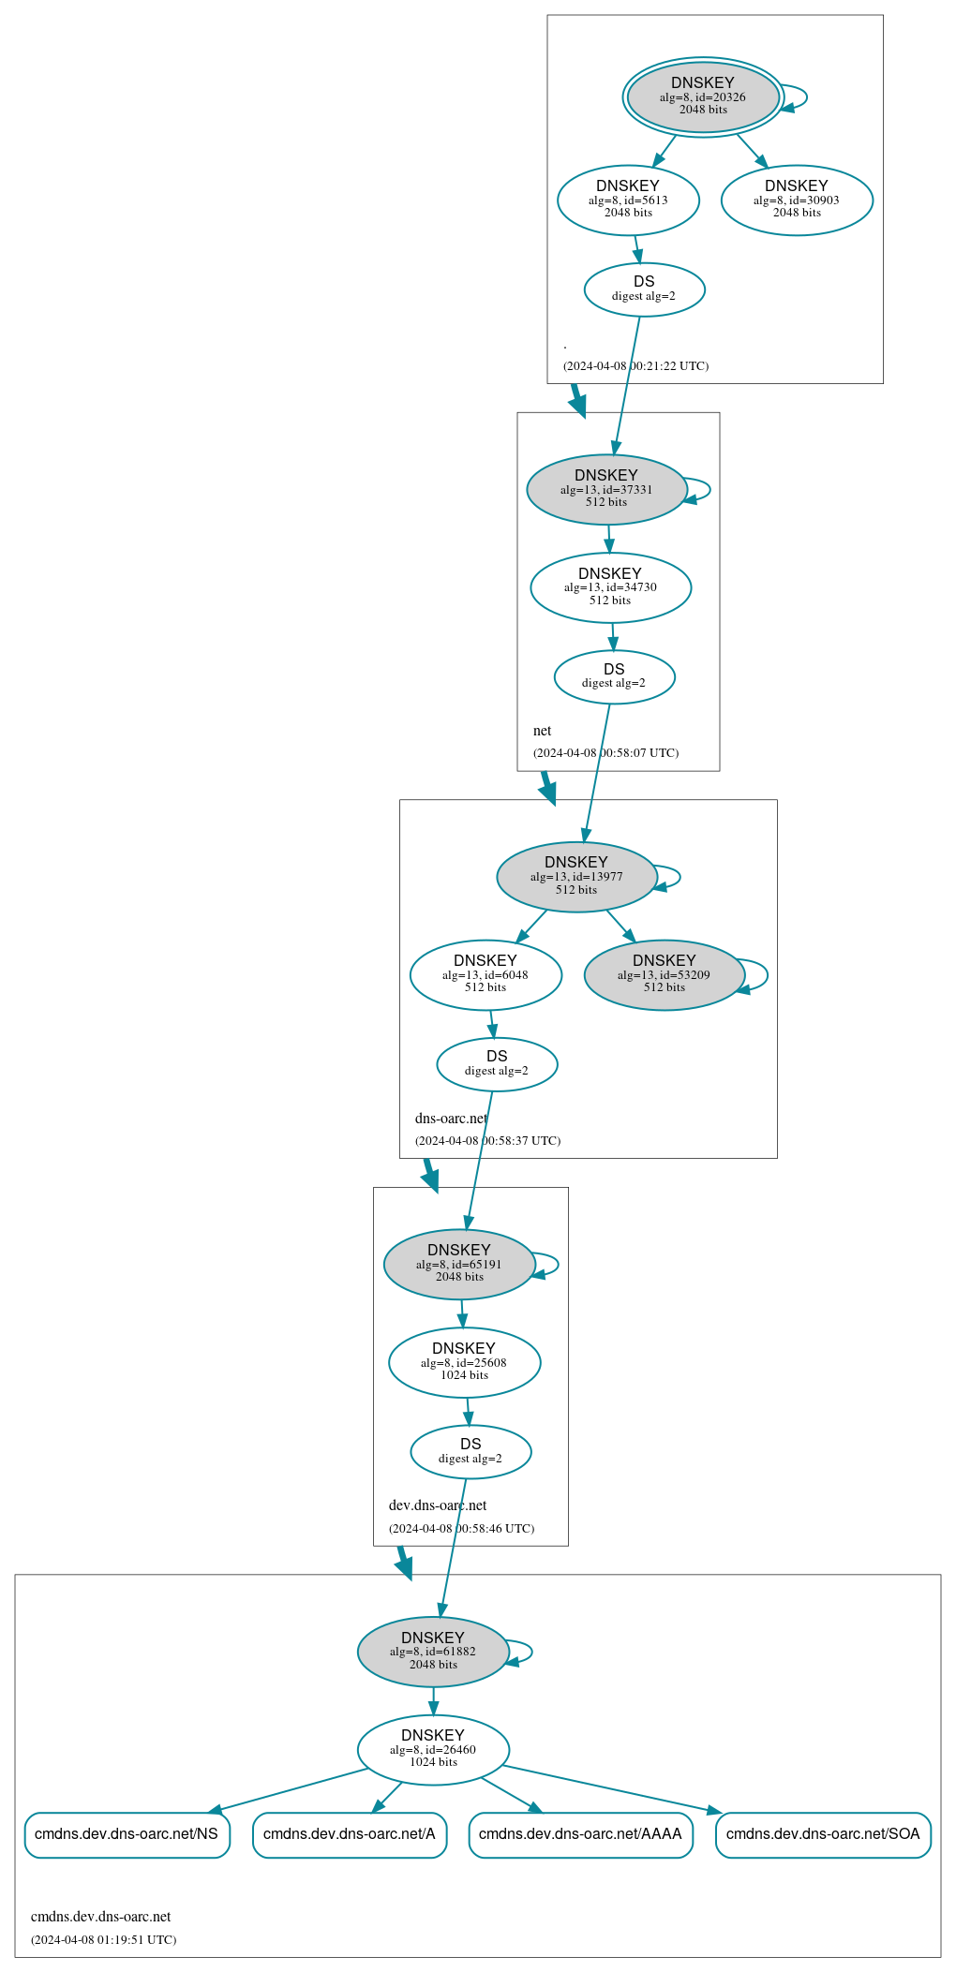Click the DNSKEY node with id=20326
coord(703,96)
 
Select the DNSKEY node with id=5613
coord(628,200)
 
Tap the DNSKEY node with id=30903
coord(797,200)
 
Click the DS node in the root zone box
coord(644,289)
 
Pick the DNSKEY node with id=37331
coord(606,489)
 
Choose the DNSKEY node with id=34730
coord(610,587)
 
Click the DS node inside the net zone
coord(614,676)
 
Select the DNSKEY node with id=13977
coord(576,877)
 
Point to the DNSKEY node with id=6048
coord(485,974)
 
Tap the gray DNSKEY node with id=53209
coord(664,974)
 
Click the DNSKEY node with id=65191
coord(459,1264)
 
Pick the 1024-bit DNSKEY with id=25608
coord(464,1362)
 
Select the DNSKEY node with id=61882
coord(433,1652)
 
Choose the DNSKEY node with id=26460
coord(433,1749)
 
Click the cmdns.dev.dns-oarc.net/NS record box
coord(127,1833)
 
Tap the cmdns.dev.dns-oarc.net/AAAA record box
coord(580,1833)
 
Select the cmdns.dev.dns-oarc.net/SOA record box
coord(823,1833)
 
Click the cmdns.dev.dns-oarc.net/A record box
coord(349,1833)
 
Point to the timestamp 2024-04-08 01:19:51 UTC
coord(103,1939)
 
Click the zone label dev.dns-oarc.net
coord(438,1505)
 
